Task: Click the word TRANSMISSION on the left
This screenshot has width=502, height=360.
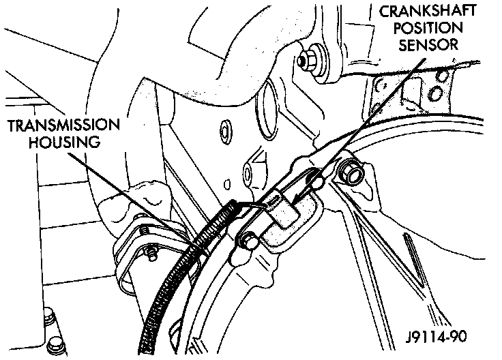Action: tap(65, 127)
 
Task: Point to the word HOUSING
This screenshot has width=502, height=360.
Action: tap(65, 144)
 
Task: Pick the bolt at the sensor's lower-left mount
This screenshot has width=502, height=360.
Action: tap(248, 239)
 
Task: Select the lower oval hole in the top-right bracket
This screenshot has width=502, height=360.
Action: tap(439, 91)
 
